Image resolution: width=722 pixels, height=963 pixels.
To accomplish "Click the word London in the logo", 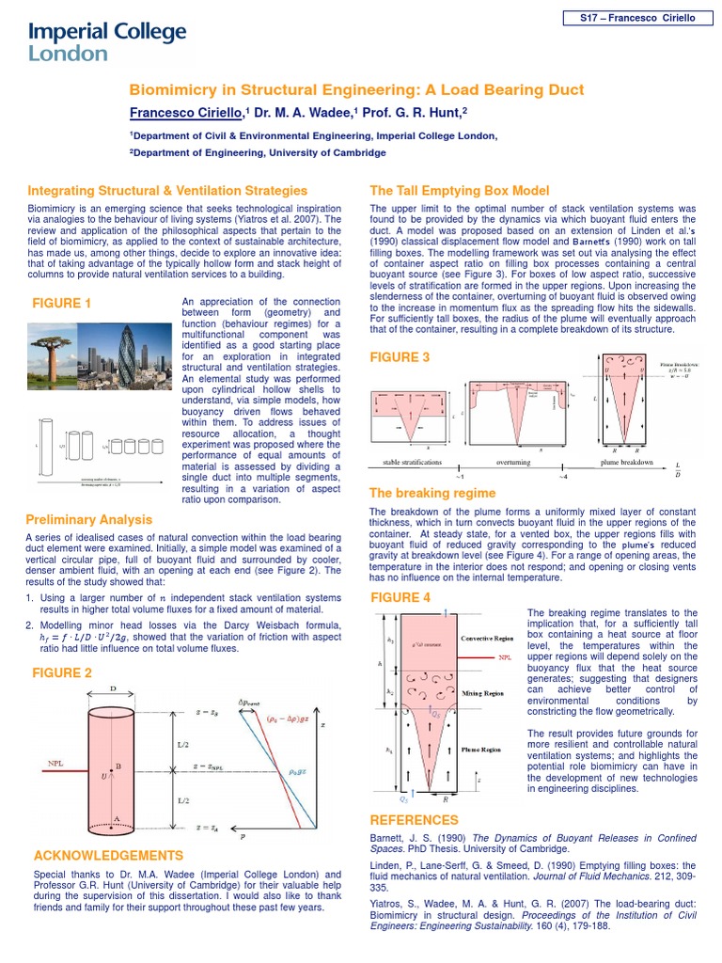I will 69,55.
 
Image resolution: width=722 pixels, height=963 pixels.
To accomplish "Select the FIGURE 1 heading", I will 62,303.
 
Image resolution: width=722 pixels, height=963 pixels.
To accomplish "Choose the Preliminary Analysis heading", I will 89,519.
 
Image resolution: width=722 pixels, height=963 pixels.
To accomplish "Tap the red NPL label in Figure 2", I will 55,763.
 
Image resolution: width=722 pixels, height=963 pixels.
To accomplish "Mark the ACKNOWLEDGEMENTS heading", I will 108,855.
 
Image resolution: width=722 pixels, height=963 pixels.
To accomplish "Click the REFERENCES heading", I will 415,820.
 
